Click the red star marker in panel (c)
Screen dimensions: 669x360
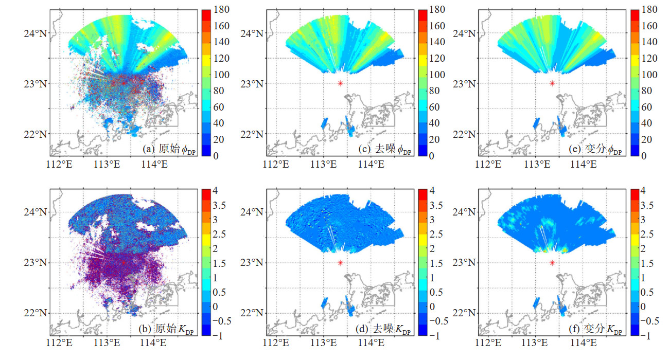pyautogui.click(x=340, y=83)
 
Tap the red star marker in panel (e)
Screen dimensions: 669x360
pyautogui.click(x=552, y=83)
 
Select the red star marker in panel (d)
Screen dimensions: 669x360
pyautogui.click(x=340, y=263)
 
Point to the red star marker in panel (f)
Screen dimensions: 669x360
pyautogui.click(x=552, y=263)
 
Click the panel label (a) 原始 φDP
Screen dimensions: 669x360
pyautogui.click(x=169, y=149)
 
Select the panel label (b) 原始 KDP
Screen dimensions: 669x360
pyautogui.click(x=166, y=329)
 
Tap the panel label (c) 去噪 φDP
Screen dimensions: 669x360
pyautogui.click(x=385, y=149)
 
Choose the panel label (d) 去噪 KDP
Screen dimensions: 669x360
pyautogui.click(x=383, y=329)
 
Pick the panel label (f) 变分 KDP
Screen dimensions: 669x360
pyautogui.click(x=595, y=329)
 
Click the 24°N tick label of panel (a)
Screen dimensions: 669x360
pyautogui.click(x=36, y=33)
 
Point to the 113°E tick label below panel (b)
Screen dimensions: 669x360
pyautogui.click(x=107, y=343)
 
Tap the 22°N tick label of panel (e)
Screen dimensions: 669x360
pyautogui.click(x=464, y=134)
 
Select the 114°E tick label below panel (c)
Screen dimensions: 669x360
pyautogui.click(x=371, y=164)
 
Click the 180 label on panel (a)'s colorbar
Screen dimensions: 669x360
pyautogui.click(x=221, y=10)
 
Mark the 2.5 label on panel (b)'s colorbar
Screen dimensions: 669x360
pyautogui.click(x=219, y=234)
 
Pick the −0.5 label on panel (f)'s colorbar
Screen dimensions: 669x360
pyautogui.click(x=649, y=321)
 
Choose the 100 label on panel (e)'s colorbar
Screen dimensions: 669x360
pyautogui.click(x=649, y=75)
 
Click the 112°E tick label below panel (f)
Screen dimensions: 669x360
pyautogui.click(x=488, y=343)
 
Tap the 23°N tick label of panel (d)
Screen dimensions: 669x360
pyautogui.click(x=252, y=263)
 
